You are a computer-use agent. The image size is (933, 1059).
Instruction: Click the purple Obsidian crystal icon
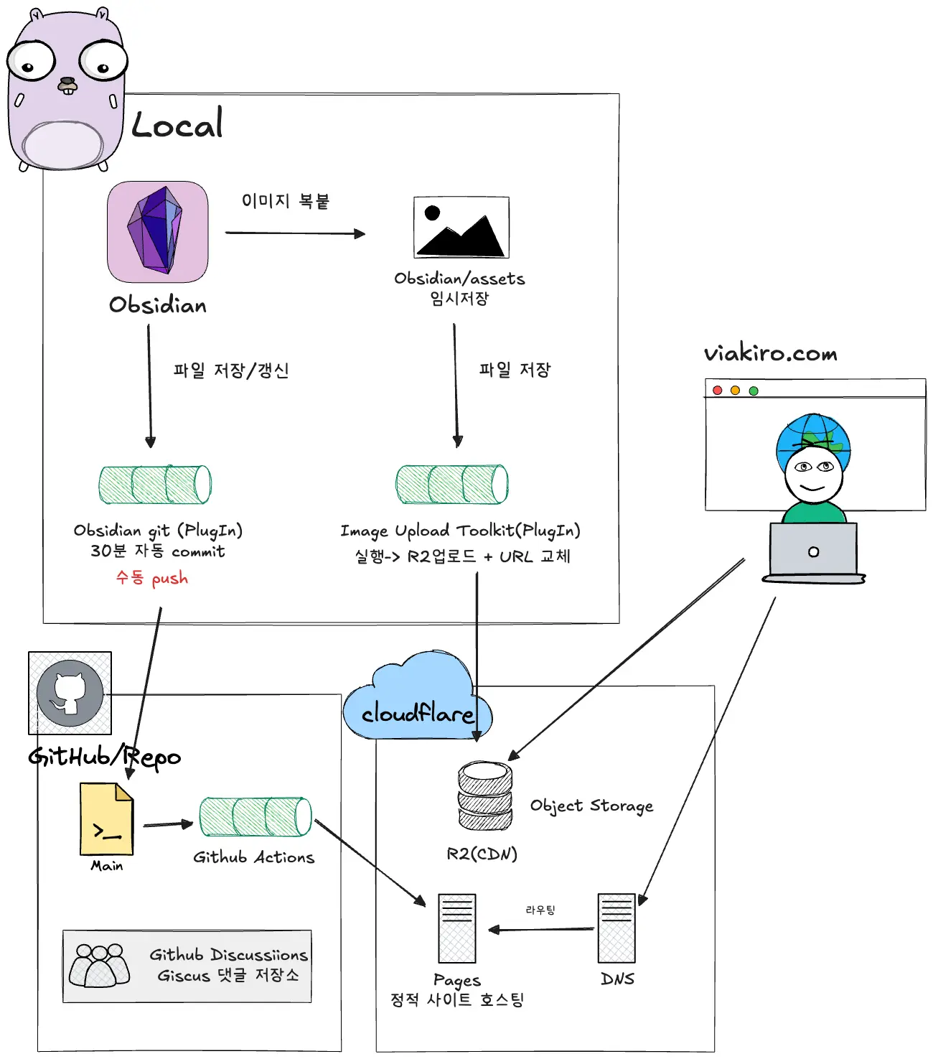tap(157, 231)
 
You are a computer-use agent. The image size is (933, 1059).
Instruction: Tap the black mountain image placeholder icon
tap(461, 228)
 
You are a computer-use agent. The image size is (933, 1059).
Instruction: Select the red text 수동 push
tap(152, 578)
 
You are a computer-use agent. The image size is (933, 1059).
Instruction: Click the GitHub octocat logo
tap(70, 693)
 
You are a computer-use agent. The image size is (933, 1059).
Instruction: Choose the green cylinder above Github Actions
tap(255, 817)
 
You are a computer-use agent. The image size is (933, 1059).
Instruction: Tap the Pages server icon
tap(457, 928)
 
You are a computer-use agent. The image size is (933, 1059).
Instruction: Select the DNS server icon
tap(616, 928)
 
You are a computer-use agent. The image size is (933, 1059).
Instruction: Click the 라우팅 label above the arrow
tap(540, 910)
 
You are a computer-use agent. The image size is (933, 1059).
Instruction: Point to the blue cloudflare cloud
tap(416, 700)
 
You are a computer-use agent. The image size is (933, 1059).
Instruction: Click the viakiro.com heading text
tap(770, 353)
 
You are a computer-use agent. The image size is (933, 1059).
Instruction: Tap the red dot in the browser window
tap(717, 391)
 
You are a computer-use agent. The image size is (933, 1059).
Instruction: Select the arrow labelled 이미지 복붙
tap(295, 233)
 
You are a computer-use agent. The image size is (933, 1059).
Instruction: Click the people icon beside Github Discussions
tap(100, 966)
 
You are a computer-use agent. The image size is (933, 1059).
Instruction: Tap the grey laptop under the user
tap(813, 551)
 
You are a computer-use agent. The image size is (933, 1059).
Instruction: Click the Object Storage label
tap(591, 806)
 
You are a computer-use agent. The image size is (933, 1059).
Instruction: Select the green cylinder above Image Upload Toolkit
tap(452, 485)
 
